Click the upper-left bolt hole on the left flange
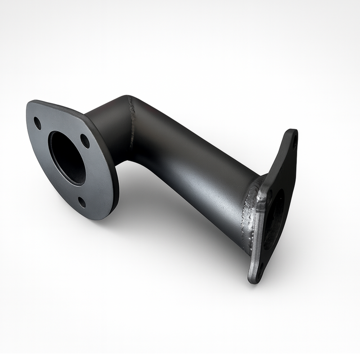coord(37,123)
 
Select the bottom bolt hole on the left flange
coord(82,202)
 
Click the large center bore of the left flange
coord(67,157)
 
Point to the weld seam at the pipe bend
coord(132,121)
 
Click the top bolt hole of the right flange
coord(294,143)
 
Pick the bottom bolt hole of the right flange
coord(260,270)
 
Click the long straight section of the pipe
coord(193,171)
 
